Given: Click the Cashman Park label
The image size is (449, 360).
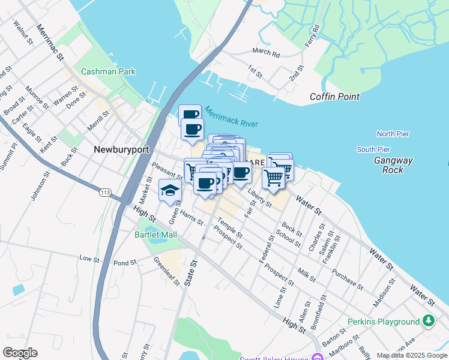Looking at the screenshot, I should point(108,71).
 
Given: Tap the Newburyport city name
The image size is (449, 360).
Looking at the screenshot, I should point(121,149).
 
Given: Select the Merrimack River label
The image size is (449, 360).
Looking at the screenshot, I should point(231,116).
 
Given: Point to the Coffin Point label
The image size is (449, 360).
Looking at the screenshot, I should point(334,97).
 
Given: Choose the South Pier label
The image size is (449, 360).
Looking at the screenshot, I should point(373,149).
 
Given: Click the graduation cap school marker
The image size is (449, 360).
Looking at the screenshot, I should point(170,190).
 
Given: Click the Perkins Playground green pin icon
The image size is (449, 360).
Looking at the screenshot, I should point(427,322).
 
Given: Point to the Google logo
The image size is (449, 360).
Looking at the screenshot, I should point(20,353).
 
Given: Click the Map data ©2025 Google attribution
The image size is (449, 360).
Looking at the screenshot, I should point(412,355).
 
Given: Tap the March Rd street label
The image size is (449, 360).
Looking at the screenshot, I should point(266,53).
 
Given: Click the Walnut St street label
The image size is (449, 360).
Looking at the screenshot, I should point(24,31).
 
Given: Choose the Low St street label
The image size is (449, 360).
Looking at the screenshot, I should point(89,259).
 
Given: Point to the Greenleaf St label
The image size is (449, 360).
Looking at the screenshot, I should point(166,271).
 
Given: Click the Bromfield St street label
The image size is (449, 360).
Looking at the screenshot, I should point(322,306).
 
